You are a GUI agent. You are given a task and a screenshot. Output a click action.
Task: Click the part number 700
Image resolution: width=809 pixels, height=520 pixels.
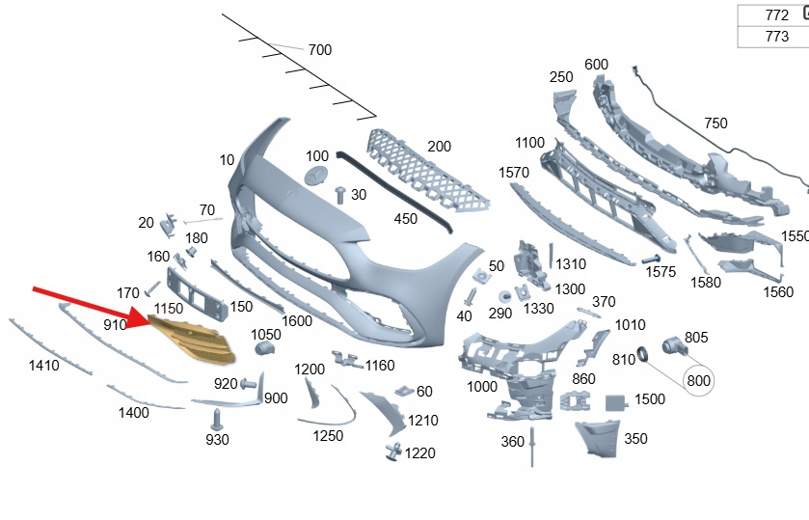click(x=319, y=49)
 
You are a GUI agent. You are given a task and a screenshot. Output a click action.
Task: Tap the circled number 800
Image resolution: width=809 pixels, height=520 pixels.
click(x=698, y=380)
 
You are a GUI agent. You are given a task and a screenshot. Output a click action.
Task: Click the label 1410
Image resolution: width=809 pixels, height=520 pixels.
click(x=43, y=365)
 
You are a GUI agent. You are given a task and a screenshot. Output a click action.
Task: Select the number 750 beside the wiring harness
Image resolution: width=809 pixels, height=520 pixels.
click(x=715, y=123)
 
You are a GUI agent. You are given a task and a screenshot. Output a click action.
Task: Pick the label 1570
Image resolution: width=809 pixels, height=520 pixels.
click(x=514, y=172)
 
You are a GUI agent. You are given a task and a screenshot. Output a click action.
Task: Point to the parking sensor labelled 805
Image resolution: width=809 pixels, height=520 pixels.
click(x=671, y=345)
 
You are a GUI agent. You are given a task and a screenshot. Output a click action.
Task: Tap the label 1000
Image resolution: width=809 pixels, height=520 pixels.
click(x=481, y=386)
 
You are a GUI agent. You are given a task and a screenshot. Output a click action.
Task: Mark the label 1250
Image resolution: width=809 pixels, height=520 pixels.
click(x=329, y=436)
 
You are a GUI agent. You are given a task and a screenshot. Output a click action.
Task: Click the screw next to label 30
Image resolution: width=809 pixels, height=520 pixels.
click(x=339, y=194)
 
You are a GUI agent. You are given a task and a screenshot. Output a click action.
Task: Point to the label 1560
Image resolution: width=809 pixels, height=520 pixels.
click(x=777, y=292)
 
